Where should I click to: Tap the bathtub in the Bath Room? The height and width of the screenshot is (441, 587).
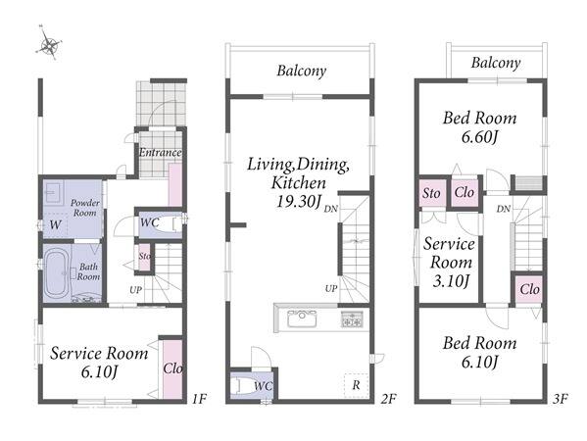click(x=57, y=272)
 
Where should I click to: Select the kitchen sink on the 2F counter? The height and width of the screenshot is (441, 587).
click(x=302, y=318)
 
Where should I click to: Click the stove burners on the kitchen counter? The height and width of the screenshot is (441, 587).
click(x=352, y=319)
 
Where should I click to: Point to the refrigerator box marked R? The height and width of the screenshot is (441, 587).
click(x=356, y=385)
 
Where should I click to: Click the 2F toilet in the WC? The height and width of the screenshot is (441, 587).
click(x=239, y=386)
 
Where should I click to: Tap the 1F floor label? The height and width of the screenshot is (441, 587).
click(x=199, y=399)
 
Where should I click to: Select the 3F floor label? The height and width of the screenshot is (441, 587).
click(x=560, y=399)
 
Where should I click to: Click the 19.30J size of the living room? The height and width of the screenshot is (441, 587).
click(x=298, y=202)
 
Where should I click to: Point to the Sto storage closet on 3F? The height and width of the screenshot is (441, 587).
click(x=432, y=193)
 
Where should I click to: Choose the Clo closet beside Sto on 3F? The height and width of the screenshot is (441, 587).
click(x=465, y=193)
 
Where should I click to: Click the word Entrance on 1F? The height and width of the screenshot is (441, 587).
click(x=161, y=152)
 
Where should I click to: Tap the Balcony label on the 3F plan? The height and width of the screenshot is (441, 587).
click(x=496, y=63)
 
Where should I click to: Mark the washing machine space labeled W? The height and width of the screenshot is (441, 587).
click(x=55, y=224)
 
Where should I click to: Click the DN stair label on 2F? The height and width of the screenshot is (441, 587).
click(x=330, y=209)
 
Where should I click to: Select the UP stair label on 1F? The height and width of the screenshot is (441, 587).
click(x=135, y=290)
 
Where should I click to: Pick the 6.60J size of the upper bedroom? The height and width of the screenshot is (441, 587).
click(x=479, y=137)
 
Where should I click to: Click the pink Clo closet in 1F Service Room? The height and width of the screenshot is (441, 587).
click(x=172, y=368)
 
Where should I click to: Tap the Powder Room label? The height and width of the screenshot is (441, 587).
click(x=85, y=208)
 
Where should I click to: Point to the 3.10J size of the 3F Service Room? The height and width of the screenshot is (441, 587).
click(x=451, y=280)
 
